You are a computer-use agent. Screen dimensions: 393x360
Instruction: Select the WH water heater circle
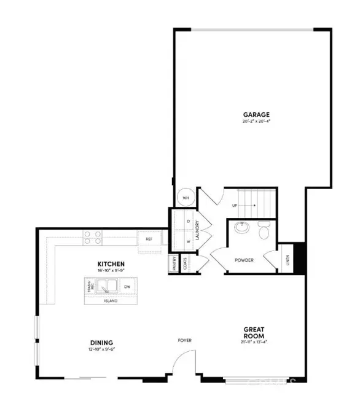(184, 198)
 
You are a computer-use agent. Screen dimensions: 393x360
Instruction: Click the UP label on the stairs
(235, 206)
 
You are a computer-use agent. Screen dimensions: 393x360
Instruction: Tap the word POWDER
(244, 260)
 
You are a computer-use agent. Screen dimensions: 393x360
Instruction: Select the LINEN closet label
(288, 260)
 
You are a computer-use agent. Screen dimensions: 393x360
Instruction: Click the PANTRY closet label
(174, 263)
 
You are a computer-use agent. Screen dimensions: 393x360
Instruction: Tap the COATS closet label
(185, 263)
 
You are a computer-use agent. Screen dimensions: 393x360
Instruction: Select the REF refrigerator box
(149, 238)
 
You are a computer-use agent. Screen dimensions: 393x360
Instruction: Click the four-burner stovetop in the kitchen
(93, 236)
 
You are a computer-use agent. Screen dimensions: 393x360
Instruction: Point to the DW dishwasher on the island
(127, 286)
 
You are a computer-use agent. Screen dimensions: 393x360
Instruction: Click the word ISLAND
(111, 300)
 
